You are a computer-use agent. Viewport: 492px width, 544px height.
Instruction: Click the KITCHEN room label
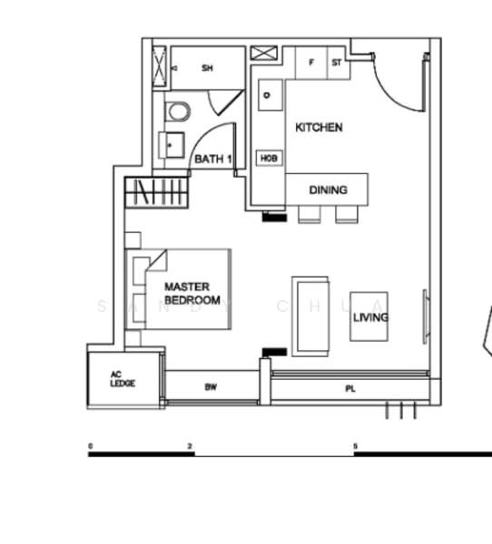(319, 128)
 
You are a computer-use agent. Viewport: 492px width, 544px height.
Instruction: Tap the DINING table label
(328, 190)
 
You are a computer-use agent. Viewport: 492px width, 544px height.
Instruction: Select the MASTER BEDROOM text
(192, 293)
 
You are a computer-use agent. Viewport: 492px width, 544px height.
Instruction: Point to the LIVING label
(370, 317)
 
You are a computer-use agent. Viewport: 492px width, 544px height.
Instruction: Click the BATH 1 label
(213, 160)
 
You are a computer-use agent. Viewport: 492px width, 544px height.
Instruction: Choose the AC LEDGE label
(122, 379)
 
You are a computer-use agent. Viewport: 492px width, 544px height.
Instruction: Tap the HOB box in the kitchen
(270, 158)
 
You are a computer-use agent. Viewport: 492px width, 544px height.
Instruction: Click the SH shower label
(207, 68)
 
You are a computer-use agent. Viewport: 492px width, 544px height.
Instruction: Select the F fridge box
(311, 63)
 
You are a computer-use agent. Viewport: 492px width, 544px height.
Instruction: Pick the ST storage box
(337, 63)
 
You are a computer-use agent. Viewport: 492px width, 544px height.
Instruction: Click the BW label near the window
(211, 387)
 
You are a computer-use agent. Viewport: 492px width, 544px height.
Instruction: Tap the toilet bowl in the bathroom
(179, 112)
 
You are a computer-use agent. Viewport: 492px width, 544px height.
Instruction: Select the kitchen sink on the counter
(269, 93)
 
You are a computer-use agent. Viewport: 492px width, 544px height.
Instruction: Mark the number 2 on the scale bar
(190, 447)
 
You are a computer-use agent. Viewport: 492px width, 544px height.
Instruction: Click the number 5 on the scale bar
(356, 447)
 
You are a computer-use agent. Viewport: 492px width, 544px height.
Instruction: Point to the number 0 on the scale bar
(90, 447)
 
